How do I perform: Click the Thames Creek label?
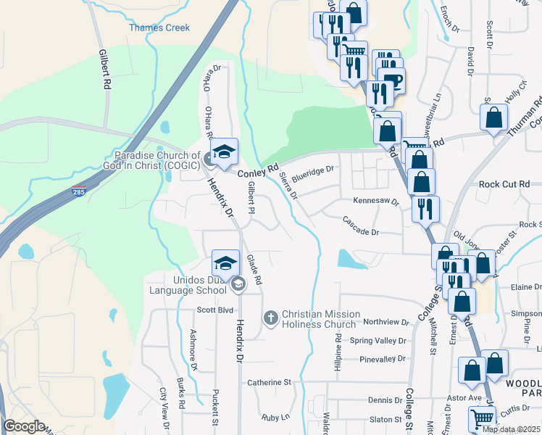click(159, 28)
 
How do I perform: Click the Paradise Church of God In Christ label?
click(157, 160)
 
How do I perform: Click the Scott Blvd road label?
click(214, 310)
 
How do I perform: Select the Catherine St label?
click(268, 381)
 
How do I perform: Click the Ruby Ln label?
click(275, 417)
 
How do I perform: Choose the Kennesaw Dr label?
click(376, 201)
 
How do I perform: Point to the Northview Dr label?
click(385, 322)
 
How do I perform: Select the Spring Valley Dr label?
click(378, 340)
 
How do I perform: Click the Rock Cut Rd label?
click(504, 184)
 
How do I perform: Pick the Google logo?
click(24, 427)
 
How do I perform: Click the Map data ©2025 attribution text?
click(511, 429)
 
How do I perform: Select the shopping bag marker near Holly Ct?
click(493, 117)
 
